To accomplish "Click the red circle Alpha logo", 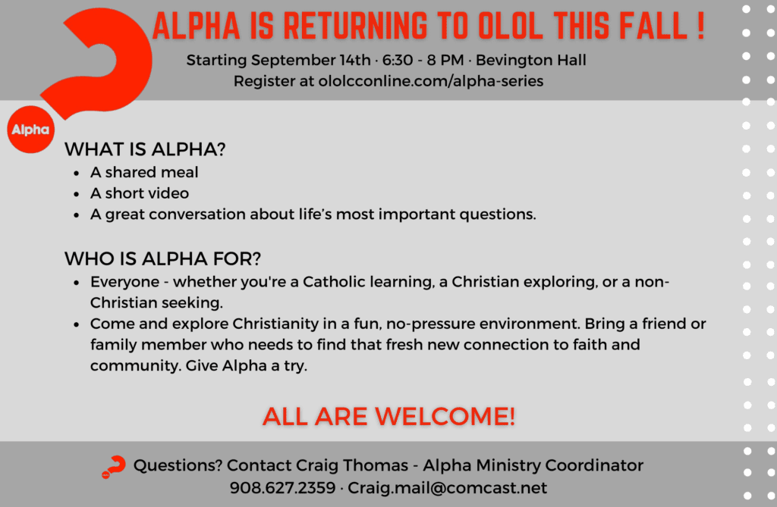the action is [30, 130].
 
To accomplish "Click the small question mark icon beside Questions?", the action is [114, 466].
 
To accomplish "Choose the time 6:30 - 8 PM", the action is [423, 61].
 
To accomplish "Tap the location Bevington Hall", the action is [530, 61].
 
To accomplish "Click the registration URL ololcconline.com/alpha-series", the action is [431, 81].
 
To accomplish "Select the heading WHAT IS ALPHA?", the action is [145, 149].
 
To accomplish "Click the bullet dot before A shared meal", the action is [77, 174].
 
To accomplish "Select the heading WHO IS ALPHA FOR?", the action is [162, 258].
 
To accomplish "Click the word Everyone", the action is [125, 282].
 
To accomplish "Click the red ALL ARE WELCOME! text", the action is [389, 416].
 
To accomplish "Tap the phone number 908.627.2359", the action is [282, 488].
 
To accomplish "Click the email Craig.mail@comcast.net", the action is [447, 488].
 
